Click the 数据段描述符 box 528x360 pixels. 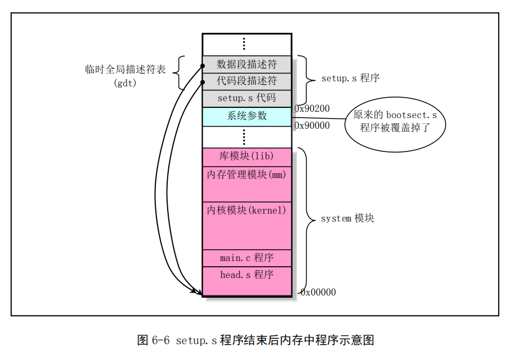pyautogui.click(x=247, y=64)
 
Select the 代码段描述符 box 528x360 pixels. pyautogui.click(x=247, y=81)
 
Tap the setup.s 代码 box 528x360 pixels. pyautogui.click(x=247, y=99)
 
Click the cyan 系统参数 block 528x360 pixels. pyautogui.click(x=247, y=117)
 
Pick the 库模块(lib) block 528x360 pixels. pyautogui.click(x=247, y=157)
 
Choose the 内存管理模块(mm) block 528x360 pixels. pyautogui.click(x=247, y=184)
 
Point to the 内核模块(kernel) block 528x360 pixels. pyautogui.click(x=247, y=226)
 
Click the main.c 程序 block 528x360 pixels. pyautogui.click(x=247, y=258)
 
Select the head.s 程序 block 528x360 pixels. pyautogui.click(x=247, y=281)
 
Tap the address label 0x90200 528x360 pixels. pyautogui.click(x=312, y=109)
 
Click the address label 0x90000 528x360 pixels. pyautogui.click(x=312, y=125)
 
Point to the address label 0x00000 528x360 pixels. pyautogui.click(x=318, y=292)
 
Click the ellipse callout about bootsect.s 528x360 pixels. pyautogui.click(x=395, y=124)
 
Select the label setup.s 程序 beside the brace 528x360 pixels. pyautogui.click(x=351, y=78)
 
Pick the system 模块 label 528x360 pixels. pyautogui.click(x=347, y=218)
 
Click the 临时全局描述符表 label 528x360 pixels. pyautogui.click(x=125, y=70)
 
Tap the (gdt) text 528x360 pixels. pyautogui.click(x=125, y=83)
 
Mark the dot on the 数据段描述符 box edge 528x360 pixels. pyautogui.click(x=202, y=66)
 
